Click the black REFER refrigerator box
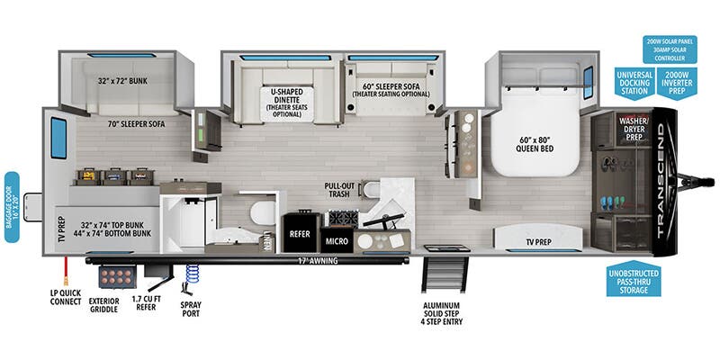pos(300,230)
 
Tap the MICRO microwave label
pos(337,240)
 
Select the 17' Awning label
pos(296,262)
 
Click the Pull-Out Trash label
pos(346,191)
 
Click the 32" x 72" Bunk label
pos(122,79)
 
